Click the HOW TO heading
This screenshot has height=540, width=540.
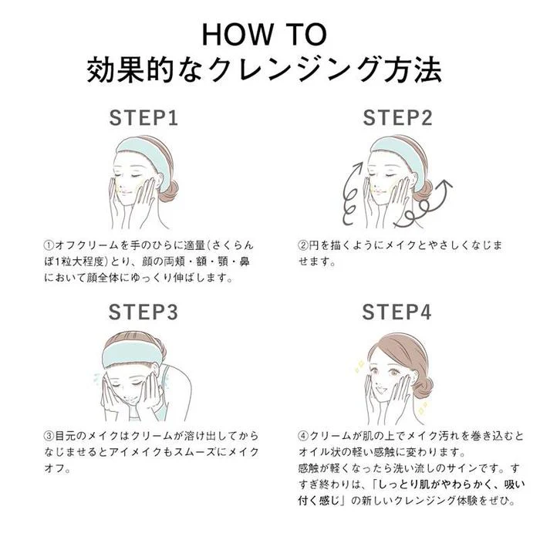pos(264,35)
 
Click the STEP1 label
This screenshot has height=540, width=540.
pos(143,118)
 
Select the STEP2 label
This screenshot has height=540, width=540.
pos(397,118)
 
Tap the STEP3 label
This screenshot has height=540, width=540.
pos(143,312)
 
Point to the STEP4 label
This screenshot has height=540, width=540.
pos(397,312)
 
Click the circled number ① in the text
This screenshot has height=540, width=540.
pos(49,245)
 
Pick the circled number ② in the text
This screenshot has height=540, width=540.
pos(303,245)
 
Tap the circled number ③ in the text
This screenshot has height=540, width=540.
pos(49,436)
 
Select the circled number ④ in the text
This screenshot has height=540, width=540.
pos(303,436)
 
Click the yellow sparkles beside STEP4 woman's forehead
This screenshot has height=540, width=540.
pos(360,366)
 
